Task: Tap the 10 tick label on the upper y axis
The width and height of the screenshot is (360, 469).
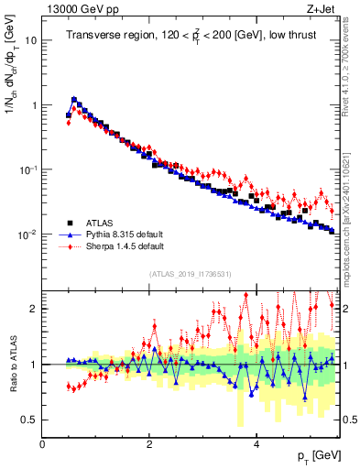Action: point(30,41)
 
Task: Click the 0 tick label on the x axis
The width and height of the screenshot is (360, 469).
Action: point(42,444)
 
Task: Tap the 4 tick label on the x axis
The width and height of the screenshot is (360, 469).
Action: point(256,444)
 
